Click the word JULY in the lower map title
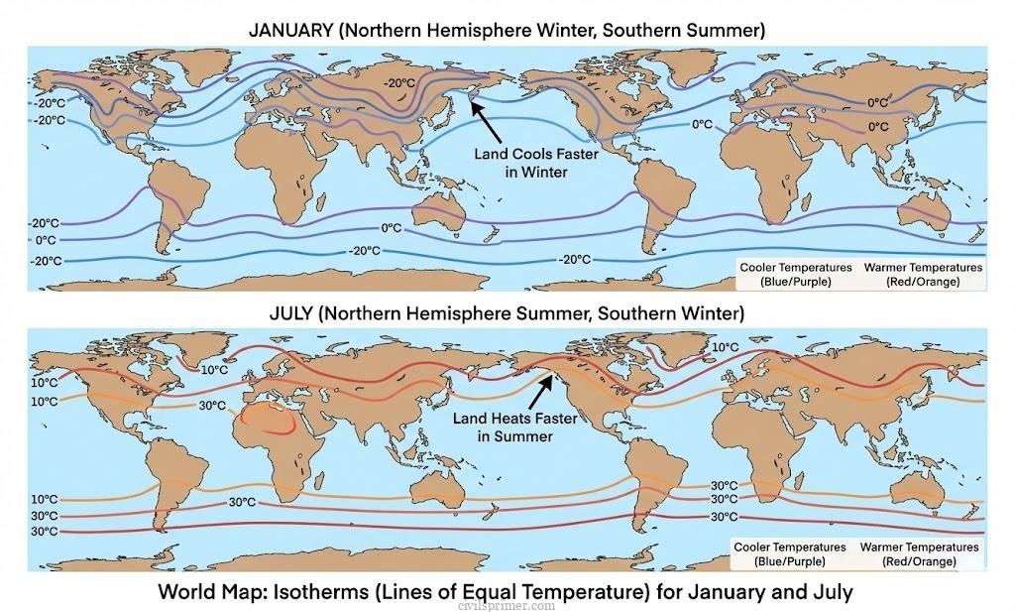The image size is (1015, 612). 294,313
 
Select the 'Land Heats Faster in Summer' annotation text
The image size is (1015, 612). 514,428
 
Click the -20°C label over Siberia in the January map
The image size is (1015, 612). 399,84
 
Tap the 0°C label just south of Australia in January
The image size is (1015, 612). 392,228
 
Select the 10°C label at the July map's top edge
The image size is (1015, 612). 726,347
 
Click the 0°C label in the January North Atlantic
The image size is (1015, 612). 702,124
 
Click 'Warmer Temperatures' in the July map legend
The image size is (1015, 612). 919,548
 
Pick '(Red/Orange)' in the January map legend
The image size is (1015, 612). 923,282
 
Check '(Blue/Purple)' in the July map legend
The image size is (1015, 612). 789,561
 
